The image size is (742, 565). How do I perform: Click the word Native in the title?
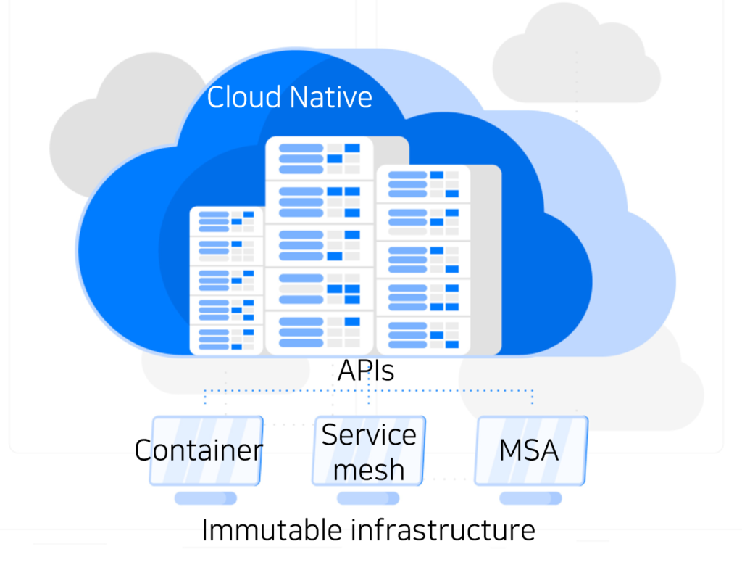click(330, 97)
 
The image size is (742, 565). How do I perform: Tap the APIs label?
click(366, 371)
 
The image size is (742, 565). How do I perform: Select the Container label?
click(199, 450)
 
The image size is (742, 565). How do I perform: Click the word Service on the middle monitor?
click(369, 434)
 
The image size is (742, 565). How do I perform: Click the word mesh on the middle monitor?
click(369, 470)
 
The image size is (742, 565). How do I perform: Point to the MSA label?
click(529, 450)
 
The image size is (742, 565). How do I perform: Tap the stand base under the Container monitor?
click(206, 498)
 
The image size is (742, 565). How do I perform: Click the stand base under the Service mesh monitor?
click(368, 498)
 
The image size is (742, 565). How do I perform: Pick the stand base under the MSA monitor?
click(531, 498)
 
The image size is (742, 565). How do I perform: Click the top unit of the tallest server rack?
click(320, 159)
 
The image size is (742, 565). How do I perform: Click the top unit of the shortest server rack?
click(227, 221)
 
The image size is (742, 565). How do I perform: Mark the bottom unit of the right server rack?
click(424, 335)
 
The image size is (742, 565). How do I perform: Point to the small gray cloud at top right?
click(577, 58)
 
